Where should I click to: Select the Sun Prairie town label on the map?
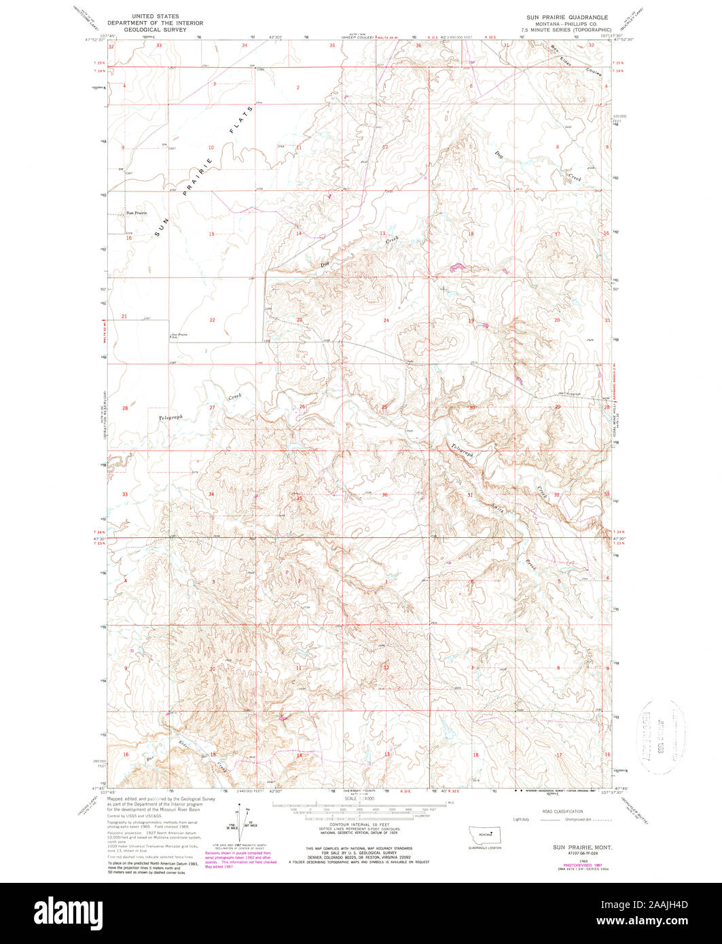click(136, 213)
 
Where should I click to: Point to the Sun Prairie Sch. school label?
click(179, 335)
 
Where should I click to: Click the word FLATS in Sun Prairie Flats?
click(241, 119)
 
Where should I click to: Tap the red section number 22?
click(212, 320)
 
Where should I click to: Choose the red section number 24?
click(386, 320)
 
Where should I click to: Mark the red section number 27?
click(212, 407)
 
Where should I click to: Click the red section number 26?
click(302, 407)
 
